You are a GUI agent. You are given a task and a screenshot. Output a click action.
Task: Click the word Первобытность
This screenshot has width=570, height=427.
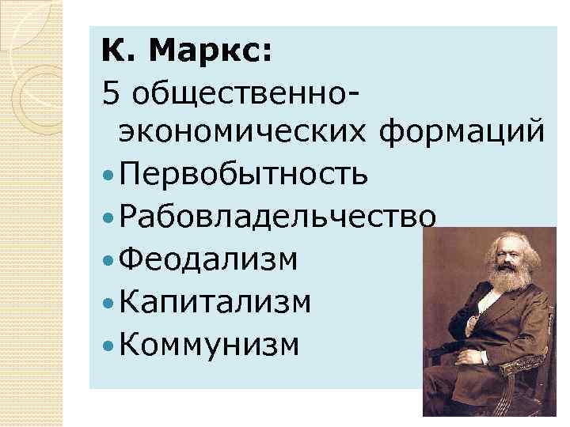tap(244, 173)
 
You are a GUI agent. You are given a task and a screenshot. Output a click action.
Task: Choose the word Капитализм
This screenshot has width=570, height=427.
tap(215, 301)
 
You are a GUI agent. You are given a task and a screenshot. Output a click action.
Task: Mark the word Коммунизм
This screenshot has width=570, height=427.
tap(210, 344)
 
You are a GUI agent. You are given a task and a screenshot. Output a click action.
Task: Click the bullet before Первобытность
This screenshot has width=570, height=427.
tap(108, 174)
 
